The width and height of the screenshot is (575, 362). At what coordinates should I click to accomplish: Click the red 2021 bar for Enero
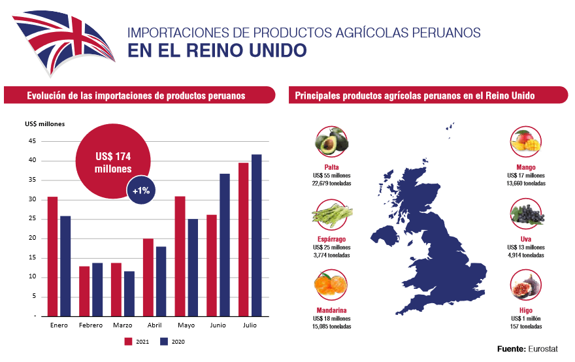tap(52, 256)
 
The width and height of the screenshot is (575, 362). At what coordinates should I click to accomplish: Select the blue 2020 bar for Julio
tap(256, 235)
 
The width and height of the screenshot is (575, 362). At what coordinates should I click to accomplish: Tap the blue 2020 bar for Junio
tap(224, 245)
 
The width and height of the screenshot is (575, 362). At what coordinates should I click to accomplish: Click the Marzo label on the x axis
tap(122, 325)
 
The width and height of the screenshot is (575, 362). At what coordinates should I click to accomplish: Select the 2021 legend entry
tap(137, 341)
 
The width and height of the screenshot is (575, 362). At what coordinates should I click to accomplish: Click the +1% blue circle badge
tap(141, 191)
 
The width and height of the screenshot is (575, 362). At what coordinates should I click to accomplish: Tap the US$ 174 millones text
tap(113, 162)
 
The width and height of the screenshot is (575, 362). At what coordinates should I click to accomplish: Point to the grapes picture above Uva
tap(526, 214)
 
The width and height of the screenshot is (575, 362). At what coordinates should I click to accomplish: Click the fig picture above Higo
tap(526, 288)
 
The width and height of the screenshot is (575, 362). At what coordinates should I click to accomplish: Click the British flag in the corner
tap(62, 36)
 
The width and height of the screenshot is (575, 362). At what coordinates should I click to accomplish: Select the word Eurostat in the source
tap(549, 349)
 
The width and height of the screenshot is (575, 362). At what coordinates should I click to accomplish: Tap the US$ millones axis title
tap(44, 124)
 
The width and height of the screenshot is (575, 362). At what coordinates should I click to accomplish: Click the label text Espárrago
tap(331, 240)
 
